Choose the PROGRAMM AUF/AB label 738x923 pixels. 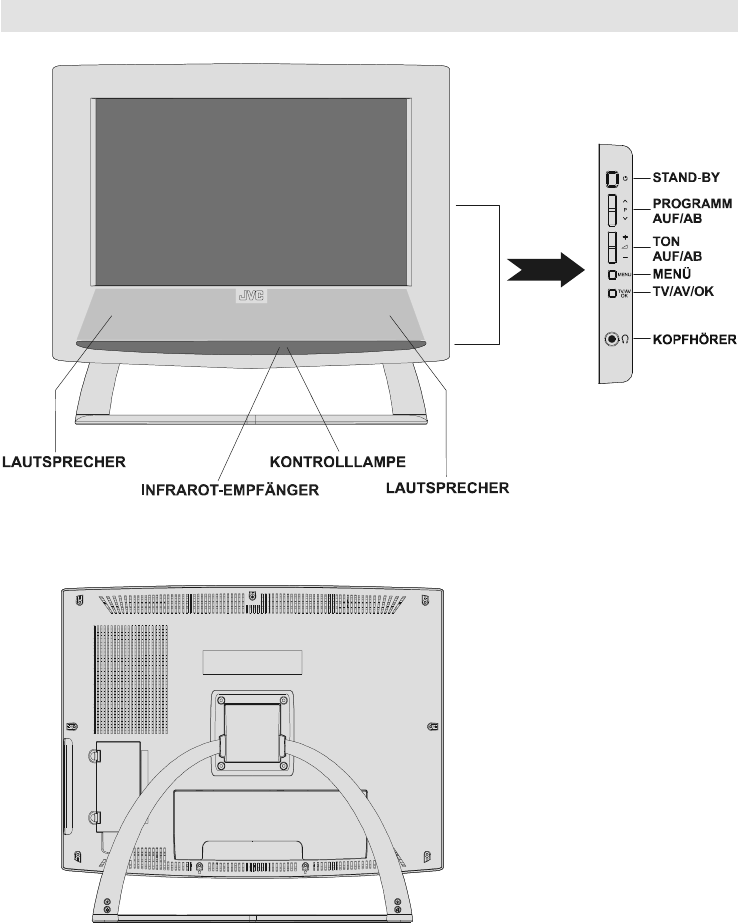click(x=685, y=210)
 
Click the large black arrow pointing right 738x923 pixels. click(x=543, y=270)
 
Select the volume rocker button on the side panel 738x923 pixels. click(x=611, y=246)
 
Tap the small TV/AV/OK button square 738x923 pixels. click(x=610, y=293)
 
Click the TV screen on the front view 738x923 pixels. click(x=250, y=190)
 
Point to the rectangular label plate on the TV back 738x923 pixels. click(x=254, y=662)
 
